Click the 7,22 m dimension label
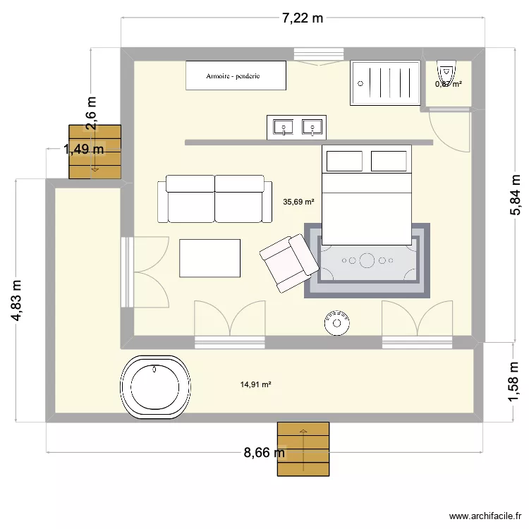click(303, 18)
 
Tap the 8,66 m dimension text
click(264, 453)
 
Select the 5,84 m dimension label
click(517, 193)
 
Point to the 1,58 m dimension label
click(517, 382)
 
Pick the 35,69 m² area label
click(298, 202)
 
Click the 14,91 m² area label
click(256, 384)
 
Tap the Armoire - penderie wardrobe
click(236, 75)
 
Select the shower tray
click(386, 83)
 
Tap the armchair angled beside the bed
click(288, 263)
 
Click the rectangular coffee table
click(210, 258)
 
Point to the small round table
click(337, 323)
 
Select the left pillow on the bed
click(345, 161)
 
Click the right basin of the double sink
click(311, 128)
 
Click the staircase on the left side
click(95, 151)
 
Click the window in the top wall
click(318, 55)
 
